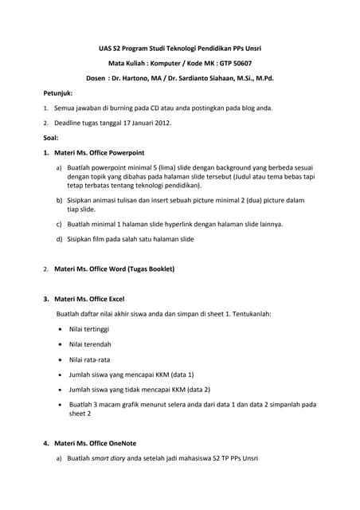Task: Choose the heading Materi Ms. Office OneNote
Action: coord(95,444)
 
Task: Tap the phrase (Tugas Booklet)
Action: coord(148,269)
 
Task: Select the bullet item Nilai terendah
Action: coord(90,344)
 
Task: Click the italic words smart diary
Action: coord(109,459)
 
